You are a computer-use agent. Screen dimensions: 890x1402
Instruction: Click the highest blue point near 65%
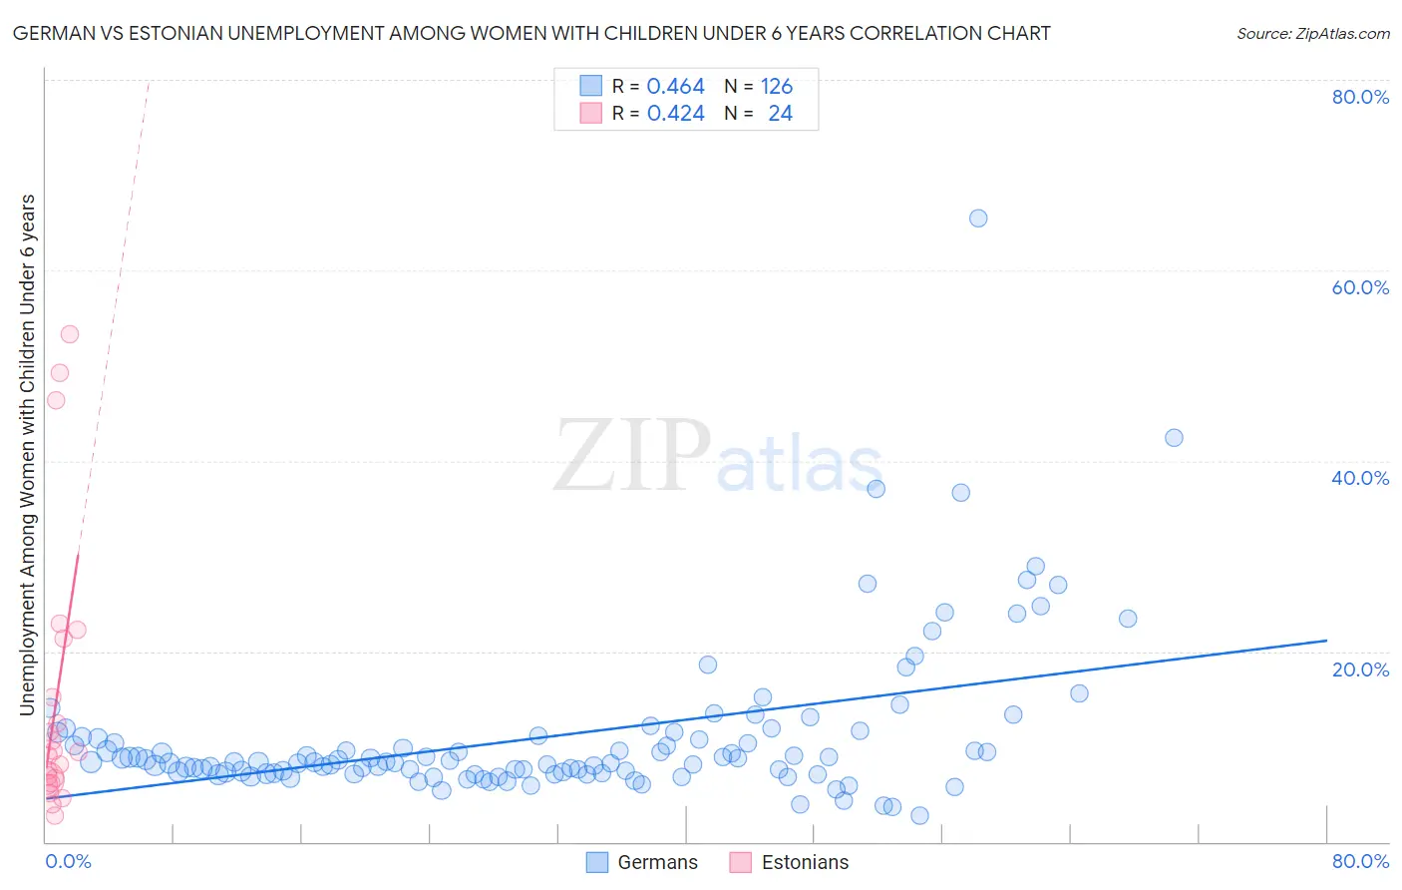(978, 219)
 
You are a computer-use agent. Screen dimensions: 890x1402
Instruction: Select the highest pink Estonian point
(70, 334)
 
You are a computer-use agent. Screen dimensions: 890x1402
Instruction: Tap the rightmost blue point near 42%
(1174, 438)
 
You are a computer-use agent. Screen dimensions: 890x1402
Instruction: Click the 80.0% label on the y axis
(1360, 97)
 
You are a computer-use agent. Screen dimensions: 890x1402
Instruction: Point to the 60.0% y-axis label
(1360, 287)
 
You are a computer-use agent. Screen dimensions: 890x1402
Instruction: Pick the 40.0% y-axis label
(1360, 478)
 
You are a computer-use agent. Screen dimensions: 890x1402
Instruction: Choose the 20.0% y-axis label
(1360, 668)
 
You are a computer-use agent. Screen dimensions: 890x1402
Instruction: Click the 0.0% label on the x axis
(68, 861)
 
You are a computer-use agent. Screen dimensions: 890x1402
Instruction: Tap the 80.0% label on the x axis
(1360, 861)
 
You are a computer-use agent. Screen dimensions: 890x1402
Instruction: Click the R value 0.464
(675, 87)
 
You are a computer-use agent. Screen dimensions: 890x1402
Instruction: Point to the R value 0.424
(675, 114)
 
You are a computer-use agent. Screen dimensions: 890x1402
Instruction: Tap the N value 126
(777, 87)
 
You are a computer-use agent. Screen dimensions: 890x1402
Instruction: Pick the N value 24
(780, 114)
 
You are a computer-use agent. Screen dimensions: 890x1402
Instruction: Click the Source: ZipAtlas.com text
(1312, 34)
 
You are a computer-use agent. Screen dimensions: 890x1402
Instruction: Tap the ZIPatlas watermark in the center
(718, 457)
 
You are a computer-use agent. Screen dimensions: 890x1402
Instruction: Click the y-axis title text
(28, 454)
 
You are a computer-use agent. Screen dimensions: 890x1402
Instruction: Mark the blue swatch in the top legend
(591, 87)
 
